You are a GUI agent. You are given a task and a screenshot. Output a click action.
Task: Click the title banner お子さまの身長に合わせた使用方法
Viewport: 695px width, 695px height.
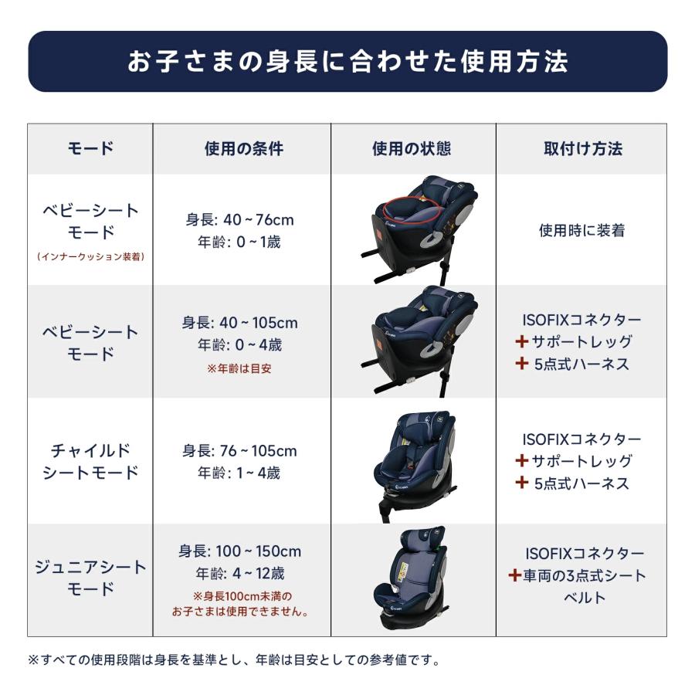347,62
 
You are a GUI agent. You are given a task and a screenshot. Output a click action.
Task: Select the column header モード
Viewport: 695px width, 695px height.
90,148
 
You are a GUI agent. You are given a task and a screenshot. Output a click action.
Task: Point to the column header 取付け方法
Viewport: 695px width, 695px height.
582,148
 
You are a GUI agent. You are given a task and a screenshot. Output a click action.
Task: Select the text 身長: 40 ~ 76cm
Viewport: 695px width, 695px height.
239,220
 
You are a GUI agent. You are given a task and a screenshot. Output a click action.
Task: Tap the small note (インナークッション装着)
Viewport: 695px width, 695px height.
90,256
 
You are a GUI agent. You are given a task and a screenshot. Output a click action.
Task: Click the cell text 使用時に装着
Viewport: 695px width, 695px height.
581,230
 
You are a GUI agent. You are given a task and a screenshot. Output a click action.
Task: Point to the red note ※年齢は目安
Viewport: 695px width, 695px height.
239,368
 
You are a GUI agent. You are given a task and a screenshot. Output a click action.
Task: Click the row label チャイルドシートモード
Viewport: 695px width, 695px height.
90,461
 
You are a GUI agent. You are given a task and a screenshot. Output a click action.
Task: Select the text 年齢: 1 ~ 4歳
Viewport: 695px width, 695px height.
239,473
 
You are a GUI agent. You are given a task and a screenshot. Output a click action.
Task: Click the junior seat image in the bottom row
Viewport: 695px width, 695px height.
413,579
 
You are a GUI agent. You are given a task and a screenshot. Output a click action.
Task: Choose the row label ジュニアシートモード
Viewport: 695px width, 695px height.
90,578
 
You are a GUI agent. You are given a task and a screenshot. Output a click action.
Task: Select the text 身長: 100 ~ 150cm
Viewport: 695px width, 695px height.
239,552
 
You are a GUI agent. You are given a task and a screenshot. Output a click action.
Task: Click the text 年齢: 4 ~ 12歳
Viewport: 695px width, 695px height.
239,574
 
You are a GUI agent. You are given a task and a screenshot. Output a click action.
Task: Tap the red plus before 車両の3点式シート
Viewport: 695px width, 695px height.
515,575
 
